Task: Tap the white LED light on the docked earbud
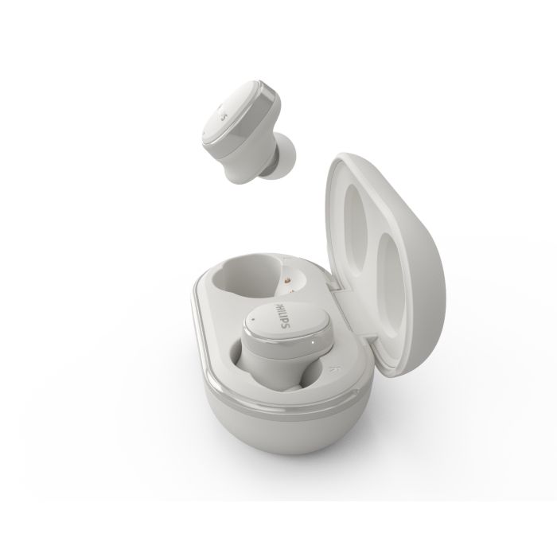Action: click(x=313, y=342)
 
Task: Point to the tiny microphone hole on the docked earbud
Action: click(x=252, y=318)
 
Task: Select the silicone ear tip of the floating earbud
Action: click(x=282, y=155)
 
